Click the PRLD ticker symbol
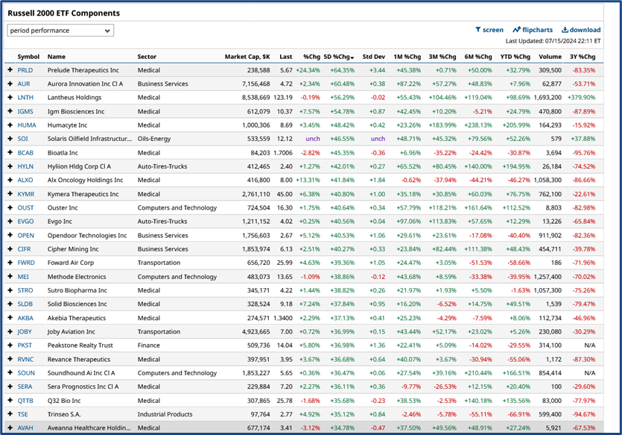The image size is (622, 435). click(x=25, y=70)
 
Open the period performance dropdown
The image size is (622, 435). click(x=60, y=31)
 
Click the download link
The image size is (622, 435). click(x=581, y=30)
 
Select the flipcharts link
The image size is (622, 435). click(x=533, y=30)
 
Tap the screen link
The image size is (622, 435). click(x=489, y=30)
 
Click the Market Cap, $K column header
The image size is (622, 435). click(x=247, y=57)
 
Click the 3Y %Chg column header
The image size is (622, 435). click(x=582, y=57)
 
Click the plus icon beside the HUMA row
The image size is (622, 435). click(x=10, y=125)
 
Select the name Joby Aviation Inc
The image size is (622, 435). click(x=73, y=331)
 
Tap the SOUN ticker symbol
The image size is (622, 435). click(x=26, y=372)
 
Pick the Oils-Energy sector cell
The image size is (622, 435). click(x=157, y=139)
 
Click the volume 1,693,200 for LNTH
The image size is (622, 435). click(x=548, y=97)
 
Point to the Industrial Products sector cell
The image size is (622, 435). click(x=168, y=413)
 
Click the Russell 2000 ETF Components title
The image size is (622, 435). click(x=63, y=13)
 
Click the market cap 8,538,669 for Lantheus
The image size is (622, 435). click(x=250, y=97)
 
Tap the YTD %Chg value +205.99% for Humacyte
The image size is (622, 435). click(x=514, y=125)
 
